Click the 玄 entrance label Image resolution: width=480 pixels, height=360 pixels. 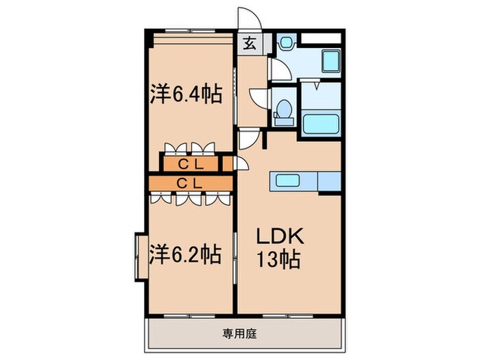point(248,44)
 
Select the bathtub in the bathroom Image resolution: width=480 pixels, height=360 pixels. point(321,125)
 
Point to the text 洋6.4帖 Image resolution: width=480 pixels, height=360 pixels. point(186,94)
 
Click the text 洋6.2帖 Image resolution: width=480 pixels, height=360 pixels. point(184,255)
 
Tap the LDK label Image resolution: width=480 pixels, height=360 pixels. point(280,237)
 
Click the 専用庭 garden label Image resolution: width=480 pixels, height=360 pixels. point(238,334)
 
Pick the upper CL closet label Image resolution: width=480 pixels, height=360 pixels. point(191,164)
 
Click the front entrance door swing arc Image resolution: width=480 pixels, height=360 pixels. point(246,20)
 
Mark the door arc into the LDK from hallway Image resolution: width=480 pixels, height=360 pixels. point(249,139)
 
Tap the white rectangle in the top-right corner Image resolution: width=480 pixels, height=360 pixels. point(321,36)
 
